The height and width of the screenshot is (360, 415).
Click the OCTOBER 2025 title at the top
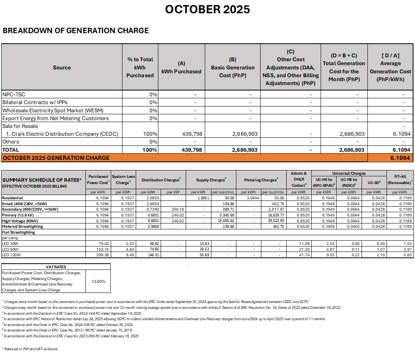point(207,9)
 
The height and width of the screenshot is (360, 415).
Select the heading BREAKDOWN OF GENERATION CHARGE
point(76,30)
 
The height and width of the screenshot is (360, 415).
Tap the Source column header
point(62,67)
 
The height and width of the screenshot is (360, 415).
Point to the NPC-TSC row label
point(14,95)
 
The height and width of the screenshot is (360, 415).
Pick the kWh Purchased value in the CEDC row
point(192,134)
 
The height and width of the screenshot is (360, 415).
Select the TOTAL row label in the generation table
point(11,150)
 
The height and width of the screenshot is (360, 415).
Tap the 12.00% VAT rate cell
point(98,281)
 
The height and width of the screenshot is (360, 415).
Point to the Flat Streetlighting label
point(19,232)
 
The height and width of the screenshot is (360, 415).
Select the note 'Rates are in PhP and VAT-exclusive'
point(30,349)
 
